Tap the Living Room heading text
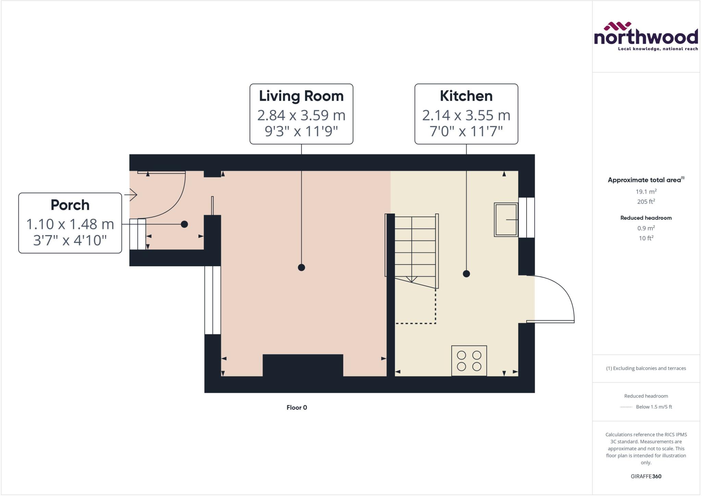point(301,96)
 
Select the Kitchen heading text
point(466,96)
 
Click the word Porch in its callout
point(70,205)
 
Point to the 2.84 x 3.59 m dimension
point(301,115)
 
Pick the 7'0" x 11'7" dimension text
point(466,131)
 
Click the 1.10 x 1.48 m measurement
point(70,224)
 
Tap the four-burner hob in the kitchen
point(469,361)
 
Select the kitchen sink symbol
point(506,219)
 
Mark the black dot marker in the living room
point(301,267)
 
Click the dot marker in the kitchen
point(466,274)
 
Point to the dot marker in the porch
point(184,224)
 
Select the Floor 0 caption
point(296,408)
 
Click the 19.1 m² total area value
point(646,192)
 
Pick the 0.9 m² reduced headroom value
point(646,228)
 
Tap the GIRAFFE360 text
point(646,476)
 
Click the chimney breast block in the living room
point(303,365)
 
